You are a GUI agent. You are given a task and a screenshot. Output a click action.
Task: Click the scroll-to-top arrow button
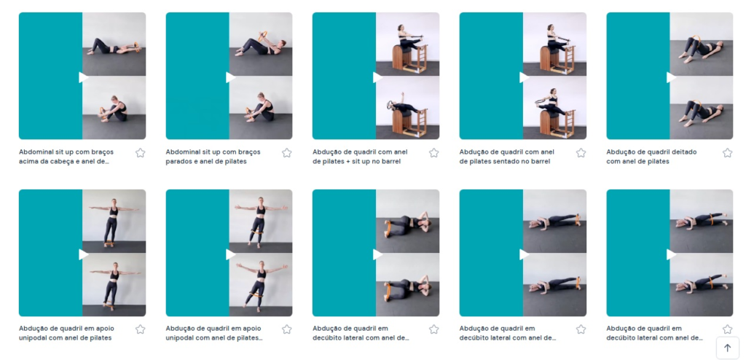(x=728, y=348)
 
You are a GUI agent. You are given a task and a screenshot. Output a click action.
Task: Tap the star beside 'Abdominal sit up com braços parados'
(x=286, y=153)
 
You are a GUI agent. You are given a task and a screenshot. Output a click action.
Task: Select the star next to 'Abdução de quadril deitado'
(x=727, y=153)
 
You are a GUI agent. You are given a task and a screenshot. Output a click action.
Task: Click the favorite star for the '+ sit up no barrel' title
(x=433, y=153)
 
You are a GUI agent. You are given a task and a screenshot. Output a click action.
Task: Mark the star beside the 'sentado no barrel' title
(x=581, y=153)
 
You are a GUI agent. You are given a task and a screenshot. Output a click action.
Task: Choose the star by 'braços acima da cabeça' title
(x=140, y=153)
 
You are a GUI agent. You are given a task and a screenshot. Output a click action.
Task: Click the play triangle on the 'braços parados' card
(x=231, y=77)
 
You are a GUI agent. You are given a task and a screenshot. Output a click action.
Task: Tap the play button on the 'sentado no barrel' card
(x=525, y=77)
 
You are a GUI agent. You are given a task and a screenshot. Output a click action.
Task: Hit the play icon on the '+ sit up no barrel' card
(x=378, y=77)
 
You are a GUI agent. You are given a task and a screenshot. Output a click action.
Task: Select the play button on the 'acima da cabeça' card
(x=84, y=77)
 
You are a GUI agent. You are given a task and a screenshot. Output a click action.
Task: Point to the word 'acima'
(x=28, y=162)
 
